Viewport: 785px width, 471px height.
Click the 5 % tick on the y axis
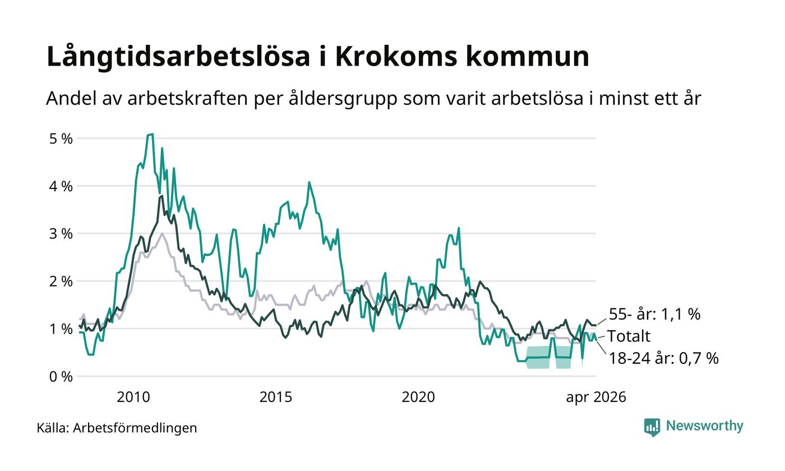click(61, 139)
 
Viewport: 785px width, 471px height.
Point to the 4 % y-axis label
click(61, 186)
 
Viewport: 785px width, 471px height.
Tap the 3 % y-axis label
click(61, 234)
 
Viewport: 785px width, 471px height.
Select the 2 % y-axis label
click(61, 281)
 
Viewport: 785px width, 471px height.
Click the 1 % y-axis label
click(61, 330)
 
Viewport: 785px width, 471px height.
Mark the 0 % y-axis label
click(61, 377)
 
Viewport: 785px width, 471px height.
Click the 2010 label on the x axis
click(133, 398)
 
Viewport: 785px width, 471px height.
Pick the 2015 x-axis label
click(275, 398)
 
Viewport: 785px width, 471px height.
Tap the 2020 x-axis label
click(418, 398)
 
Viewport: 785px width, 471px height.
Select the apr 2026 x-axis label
click(596, 398)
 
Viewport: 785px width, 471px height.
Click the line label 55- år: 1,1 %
click(655, 315)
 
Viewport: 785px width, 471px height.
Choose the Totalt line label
click(629, 336)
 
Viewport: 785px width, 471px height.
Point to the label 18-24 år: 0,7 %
click(664, 358)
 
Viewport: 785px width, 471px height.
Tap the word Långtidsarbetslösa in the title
click(178, 57)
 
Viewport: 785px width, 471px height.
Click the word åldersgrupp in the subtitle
click(343, 99)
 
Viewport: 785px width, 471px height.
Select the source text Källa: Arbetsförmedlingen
click(117, 428)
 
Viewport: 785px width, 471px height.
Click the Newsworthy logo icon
click(652, 427)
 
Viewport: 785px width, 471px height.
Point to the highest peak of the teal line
click(152, 134)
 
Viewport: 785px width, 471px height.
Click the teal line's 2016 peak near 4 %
click(309, 182)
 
